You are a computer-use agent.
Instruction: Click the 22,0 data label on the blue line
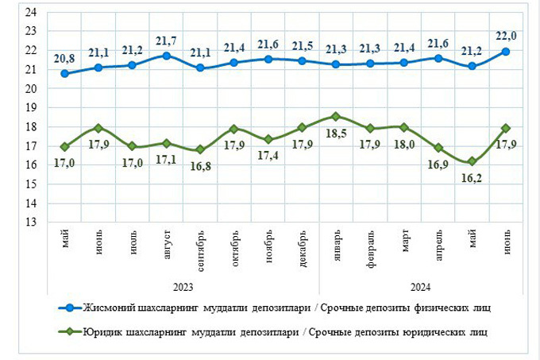[x=505, y=35]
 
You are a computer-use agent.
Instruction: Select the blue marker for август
[x=166, y=56]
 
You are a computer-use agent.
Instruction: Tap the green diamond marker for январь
[x=335, y=116]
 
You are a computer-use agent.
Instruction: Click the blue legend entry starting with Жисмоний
[x=286, y=307]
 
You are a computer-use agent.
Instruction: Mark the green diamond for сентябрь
[x=199, y=149]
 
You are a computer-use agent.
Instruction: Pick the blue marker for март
[x=403, y=62]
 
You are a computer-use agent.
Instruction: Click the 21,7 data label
[x=167, y=40]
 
